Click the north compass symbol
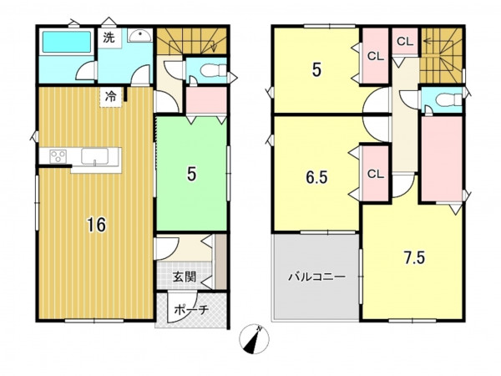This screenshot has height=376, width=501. click(254, 339)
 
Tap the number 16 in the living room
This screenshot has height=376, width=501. click(97, 225)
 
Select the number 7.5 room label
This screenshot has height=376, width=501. click(414, 257)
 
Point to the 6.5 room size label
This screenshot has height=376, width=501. click(316, 177)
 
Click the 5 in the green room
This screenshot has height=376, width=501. click(191, 175)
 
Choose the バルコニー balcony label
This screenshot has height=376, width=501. click(316, 277)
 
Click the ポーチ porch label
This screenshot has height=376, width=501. click(191, 309)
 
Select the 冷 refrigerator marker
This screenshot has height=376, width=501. click(110, 96)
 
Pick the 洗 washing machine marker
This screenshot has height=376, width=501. click(109, 38)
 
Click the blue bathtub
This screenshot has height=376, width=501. click(67, 42)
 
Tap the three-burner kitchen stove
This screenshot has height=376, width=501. click(58, 157)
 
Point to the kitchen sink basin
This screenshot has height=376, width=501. click(94, 157)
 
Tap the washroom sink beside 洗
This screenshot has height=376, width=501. click(140, 35)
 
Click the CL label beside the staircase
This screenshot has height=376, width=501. click(405, 41)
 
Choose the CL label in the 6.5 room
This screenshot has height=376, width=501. click(375, 174)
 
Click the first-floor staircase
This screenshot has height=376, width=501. click(191, 41)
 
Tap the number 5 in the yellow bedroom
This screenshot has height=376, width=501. click(316, 70)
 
